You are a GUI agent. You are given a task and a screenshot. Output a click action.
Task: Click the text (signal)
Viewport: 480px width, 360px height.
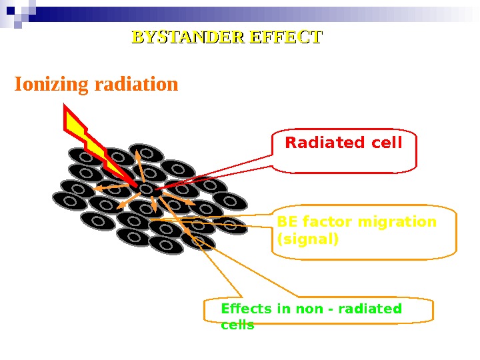(307, 238)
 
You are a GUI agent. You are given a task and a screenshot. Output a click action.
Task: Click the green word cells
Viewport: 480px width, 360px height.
(237, 325)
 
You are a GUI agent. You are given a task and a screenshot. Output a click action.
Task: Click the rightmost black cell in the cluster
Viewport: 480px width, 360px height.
(231, 225)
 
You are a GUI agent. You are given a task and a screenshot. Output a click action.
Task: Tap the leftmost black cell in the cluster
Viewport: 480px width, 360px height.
(69, 200)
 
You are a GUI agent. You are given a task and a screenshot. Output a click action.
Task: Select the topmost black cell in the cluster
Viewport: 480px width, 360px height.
(147, 153)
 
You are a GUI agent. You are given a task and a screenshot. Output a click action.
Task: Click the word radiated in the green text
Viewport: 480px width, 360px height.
(370, 309)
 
